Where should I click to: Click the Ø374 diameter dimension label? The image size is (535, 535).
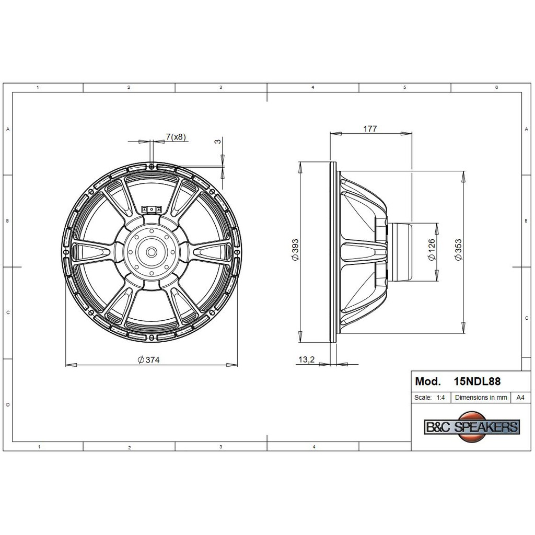click(148, 359)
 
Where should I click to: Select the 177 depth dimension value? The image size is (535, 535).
click(370, 129)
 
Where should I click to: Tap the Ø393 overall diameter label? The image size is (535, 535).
click(295, 250)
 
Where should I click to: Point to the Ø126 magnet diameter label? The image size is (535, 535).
click(432, 250)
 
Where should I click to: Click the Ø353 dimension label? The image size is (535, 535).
click(458, 250)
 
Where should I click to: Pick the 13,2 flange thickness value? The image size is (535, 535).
click(306, 359)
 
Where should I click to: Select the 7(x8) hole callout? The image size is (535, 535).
click(176, 137)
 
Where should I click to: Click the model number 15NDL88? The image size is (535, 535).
click(477, 381)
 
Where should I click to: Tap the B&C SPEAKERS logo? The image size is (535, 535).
click(472, 426)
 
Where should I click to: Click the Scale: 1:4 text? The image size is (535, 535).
click(429, 398)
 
